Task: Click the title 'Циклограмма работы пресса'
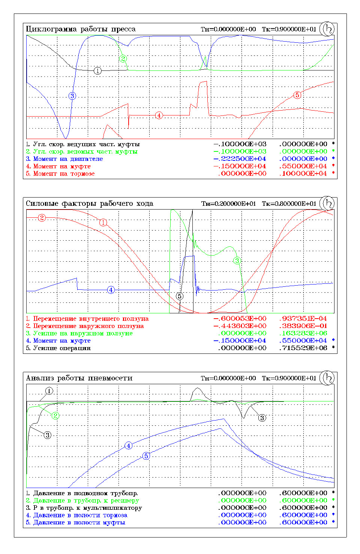[x=81, y=29]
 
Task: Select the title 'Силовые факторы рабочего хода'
[x=89, y=204]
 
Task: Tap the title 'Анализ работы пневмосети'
[x=79, y=378]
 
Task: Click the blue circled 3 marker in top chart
[x=72, y=96]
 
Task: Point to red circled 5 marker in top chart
[x=297, y=95]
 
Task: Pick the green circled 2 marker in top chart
[x=123, y=58]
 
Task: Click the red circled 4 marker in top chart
[x=159, y=115]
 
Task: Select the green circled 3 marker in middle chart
[x=237, y=261]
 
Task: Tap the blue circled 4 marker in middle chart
[x=111, y=290]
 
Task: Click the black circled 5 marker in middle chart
[x=180, y=296]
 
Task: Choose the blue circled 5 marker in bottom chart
[x=146, y=456]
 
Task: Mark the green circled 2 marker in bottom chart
[x=55, y=415]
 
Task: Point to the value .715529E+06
[x=303, y=348]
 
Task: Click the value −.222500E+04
[x=240, y=159]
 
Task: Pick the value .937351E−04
[x=303, y=319]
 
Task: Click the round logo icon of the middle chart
[x=327, y=204]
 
